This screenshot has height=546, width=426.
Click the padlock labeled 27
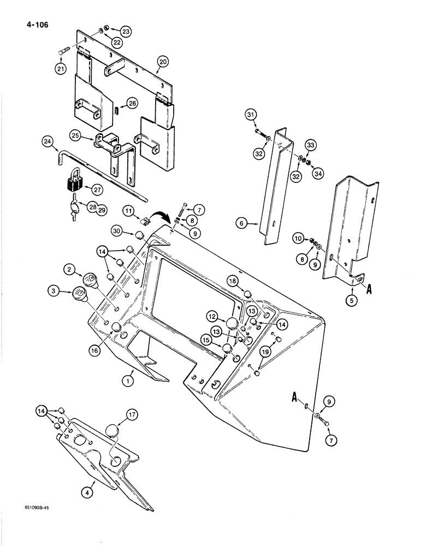click(72, 183)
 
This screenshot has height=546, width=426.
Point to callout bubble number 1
click(127, 382)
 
